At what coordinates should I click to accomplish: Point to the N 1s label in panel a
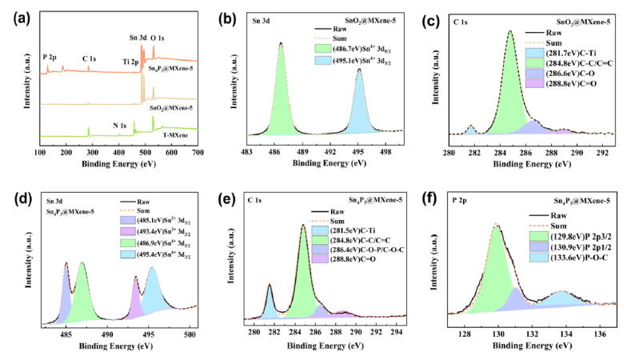(121, 126)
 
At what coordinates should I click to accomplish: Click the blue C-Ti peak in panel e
(270, 304)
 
